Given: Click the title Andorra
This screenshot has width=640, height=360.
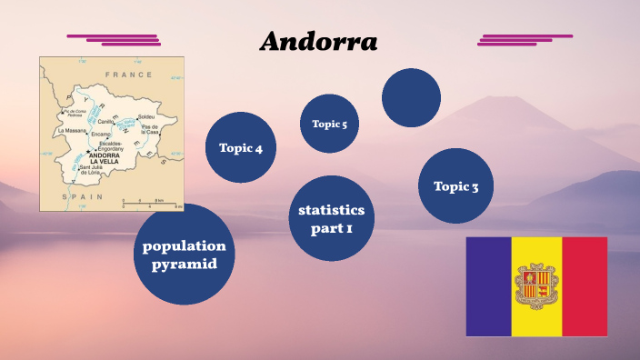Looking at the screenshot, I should coord(318,42).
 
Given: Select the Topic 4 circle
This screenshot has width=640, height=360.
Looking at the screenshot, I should coord(241,147).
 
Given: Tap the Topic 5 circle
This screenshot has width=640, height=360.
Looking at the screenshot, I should coord(329,124).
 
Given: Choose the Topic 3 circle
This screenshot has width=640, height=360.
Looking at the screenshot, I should coord(455,186).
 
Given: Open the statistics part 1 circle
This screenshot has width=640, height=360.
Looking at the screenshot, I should coord(331,219).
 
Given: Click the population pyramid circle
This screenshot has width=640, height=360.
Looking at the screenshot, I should coord(184,255).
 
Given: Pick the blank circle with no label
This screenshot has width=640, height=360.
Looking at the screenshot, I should coord(411,97).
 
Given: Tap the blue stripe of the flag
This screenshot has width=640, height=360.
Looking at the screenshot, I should coord(488,286).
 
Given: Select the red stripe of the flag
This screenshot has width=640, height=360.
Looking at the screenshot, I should coord(585,286).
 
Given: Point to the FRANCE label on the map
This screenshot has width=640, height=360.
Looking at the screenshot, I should coord(129,75).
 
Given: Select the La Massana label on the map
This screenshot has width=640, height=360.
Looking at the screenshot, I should coord(70,131).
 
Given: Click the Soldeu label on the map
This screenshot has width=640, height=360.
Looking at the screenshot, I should coord(146,117).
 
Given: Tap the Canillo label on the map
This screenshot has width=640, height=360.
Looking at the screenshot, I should coord(106,121).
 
